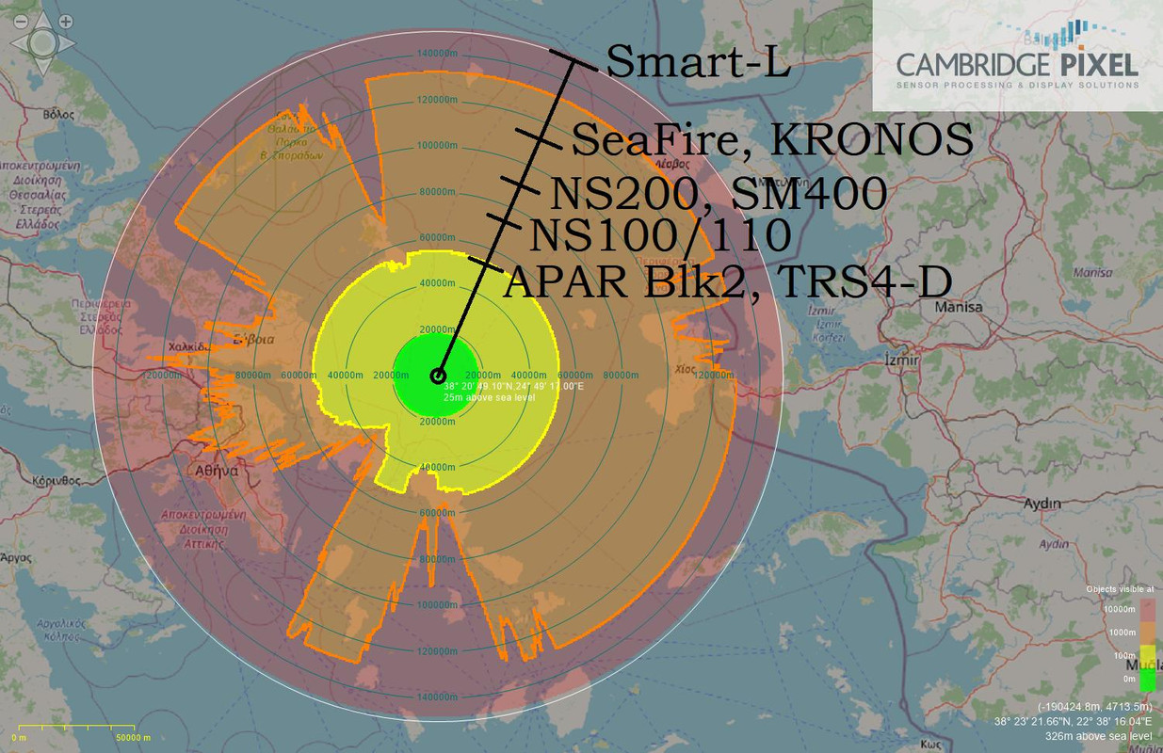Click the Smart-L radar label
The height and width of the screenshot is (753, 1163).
(698, 62)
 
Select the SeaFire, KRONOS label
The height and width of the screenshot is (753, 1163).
(771, 140)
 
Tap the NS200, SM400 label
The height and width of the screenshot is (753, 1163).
(718, 194)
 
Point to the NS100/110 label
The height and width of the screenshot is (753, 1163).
(659, 235)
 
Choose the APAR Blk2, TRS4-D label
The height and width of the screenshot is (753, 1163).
(726, 281)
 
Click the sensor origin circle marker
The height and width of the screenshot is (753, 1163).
(437, 376)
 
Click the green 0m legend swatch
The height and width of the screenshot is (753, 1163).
(1148, 678)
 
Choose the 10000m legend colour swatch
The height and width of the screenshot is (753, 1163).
(1148, 610)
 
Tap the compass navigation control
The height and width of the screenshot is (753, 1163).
(41, 42)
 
